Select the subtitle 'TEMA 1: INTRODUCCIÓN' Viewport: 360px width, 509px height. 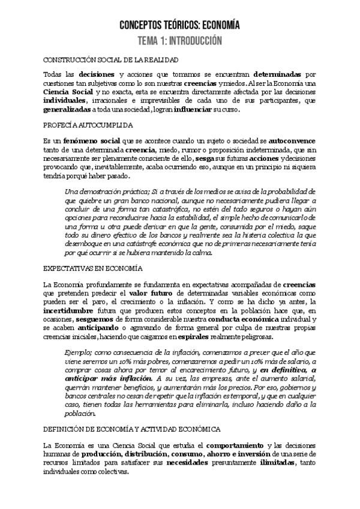point(179,41)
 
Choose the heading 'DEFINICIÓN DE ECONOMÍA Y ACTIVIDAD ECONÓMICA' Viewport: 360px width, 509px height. point(132,429)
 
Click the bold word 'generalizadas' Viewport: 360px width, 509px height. point(68,110)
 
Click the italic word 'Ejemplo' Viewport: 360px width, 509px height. point(80,352)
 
